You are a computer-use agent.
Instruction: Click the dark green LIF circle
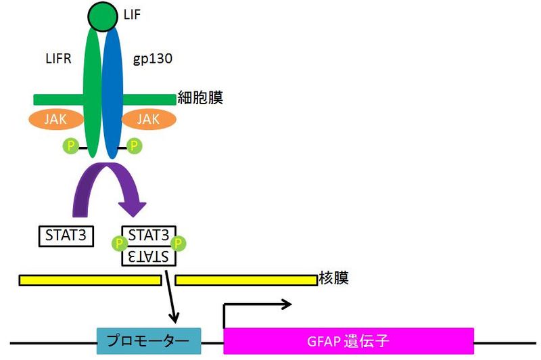coord(101,17)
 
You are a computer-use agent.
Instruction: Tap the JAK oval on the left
coord(55,119)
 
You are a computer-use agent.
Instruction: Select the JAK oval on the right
coord(148,119)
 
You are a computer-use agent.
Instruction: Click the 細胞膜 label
coord(201,98)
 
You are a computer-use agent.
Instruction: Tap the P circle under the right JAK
coord(134,145)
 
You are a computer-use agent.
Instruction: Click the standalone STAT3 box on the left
coord(66,236)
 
